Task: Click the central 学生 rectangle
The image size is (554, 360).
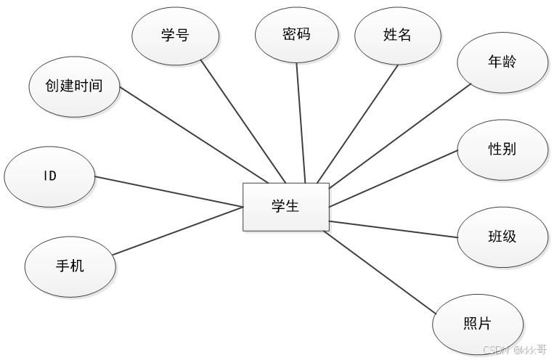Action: (x=285, y=207)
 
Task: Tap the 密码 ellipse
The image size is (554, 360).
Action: (x=296, y=33)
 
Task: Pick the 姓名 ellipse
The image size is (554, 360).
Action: (x=397, y=33)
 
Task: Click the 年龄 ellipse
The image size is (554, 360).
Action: (x=502, y=62)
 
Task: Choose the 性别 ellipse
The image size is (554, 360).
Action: (x=502, y=150)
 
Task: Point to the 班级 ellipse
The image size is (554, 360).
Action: (x=502, y=237)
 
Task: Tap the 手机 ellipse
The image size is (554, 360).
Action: (x=70, y=266)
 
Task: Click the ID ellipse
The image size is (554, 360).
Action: (x=49, y=176)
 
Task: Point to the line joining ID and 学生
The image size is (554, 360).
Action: (x=168, y=192)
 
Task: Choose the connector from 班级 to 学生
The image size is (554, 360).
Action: (x=394, y=229)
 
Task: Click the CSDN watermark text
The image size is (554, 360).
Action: (x=515, y=349)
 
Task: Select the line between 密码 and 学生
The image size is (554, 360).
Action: (x=301, y=123)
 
